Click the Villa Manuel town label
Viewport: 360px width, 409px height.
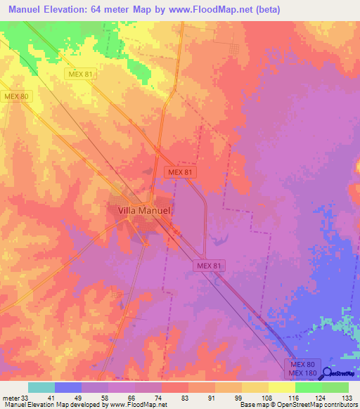141,209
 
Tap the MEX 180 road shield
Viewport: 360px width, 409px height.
302,372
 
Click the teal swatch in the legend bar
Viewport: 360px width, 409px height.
41,388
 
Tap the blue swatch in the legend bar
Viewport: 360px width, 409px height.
68,388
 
